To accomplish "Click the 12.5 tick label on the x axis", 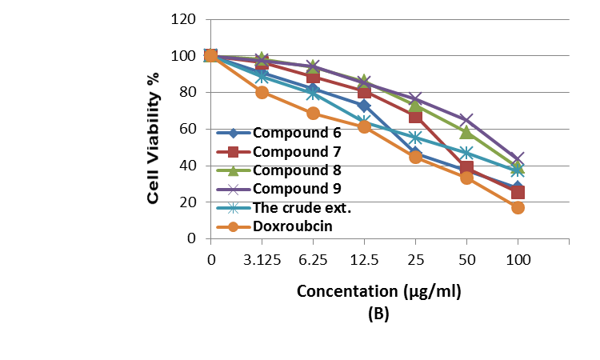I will pos(364,259).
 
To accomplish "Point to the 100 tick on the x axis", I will pos(518,259).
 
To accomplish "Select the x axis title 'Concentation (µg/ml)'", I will pos(379,291).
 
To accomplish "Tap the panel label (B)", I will pos(378,314).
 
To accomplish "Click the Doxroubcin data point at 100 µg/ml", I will pos(518,207).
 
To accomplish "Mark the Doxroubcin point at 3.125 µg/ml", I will pos(262,92).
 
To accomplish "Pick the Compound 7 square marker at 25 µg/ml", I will pos(415,117).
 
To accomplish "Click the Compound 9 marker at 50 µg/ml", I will pos(466,120).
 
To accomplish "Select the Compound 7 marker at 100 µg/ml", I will pos(518,192).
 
